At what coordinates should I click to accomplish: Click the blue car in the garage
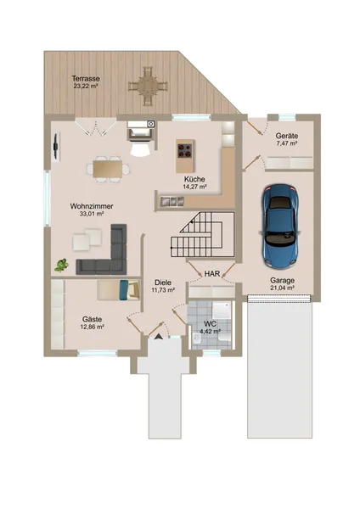(x=281, y=227)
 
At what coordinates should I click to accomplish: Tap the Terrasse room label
(x=86, y=79)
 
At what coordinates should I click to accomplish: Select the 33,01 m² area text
(x=92, y=214)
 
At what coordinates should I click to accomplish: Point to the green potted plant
(x=61, y=265)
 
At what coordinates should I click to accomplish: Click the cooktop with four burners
(x=185, y=150)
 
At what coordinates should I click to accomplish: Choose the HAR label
(x=212, y=274)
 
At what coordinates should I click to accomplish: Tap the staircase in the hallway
(x=203, y=234)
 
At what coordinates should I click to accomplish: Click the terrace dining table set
(x=148, y=87)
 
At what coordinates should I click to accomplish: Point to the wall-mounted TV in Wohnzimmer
(x=56, y=146)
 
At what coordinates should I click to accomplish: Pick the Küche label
(x=194, y=179)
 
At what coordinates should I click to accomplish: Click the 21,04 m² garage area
(x=282, y=288)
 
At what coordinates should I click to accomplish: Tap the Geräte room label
(x=287, y=136)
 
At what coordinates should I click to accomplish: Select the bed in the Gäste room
(x=118, y=289)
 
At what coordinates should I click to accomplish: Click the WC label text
(x=210, y=324)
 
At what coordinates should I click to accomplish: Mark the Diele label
(x=163, y=282)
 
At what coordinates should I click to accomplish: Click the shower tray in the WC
(x=222, y=310)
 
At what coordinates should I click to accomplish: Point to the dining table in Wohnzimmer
(x=107, y=169)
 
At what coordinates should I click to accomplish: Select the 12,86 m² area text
(x=92, y=327)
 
